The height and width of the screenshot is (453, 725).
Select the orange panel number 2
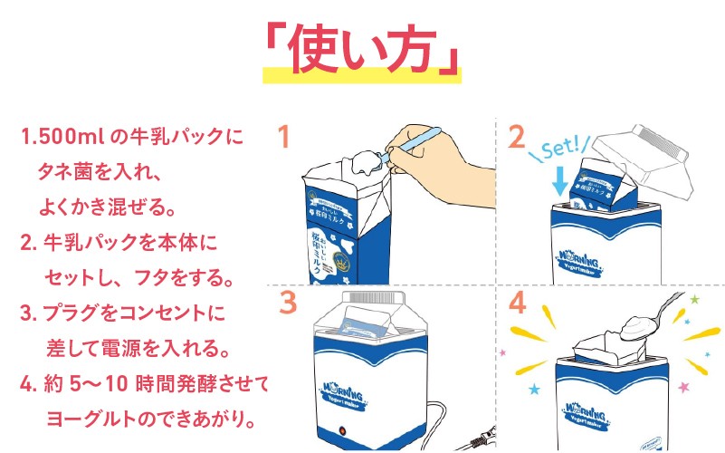coord(517,137)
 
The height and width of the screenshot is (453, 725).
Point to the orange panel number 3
coord(288,303)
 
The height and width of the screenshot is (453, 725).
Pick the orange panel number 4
coord(518,303)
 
